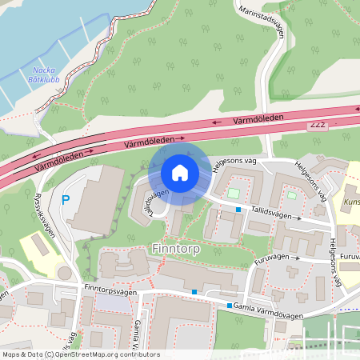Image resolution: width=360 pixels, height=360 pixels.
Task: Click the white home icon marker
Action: pyautogui.click(x=180, y=172)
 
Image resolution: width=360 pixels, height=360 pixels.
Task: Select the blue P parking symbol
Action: pyautogui.click(x=66, y=200)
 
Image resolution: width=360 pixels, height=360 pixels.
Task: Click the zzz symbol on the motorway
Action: pyautogui.click(x=318, y=126)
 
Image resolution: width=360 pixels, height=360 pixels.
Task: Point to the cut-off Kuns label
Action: pyautogui.click(x=351, y=202)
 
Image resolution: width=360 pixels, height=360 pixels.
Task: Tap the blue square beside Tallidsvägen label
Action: pyautogui.click(x=238, y=210)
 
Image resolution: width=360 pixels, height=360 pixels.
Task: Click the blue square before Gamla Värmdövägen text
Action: pyautogui.click(x=230, y=306)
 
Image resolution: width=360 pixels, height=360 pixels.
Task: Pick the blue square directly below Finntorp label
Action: pyautogui.click(x=194, y=292)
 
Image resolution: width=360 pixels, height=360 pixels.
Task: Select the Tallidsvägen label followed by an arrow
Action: pyautogui.click(x=269, y=214)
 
